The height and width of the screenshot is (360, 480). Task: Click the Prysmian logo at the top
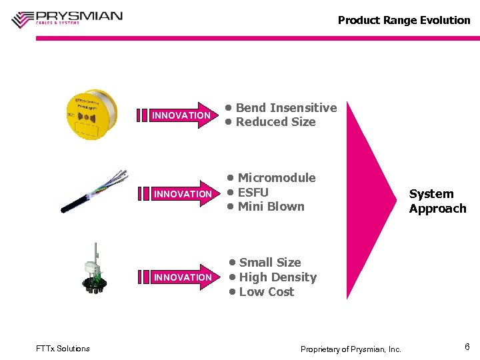[x=67, y=18]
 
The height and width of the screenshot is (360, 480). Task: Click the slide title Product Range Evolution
[x=404, y=20]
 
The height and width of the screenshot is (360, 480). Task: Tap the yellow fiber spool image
[x=91, y=114]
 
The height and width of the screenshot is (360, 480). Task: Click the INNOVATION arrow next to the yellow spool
[x=177, y=115]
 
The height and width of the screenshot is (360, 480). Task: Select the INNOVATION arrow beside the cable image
[x=177, y=194]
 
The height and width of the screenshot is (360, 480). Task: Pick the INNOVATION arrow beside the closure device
[x=177, y=277]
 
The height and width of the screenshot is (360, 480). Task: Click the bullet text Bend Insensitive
[x=285, y=107]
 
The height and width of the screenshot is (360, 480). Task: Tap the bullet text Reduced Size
[x=275, y=122]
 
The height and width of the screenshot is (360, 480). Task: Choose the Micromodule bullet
[x=276, y=178]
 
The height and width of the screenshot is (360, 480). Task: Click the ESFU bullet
[x=253, y=192]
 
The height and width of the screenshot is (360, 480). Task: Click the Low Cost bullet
[x=266, y=292]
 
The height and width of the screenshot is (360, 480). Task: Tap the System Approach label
[x=437, y=201]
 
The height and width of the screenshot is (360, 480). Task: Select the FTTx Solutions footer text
[x=63, y=348]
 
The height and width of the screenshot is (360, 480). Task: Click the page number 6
[x=467, y=347]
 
